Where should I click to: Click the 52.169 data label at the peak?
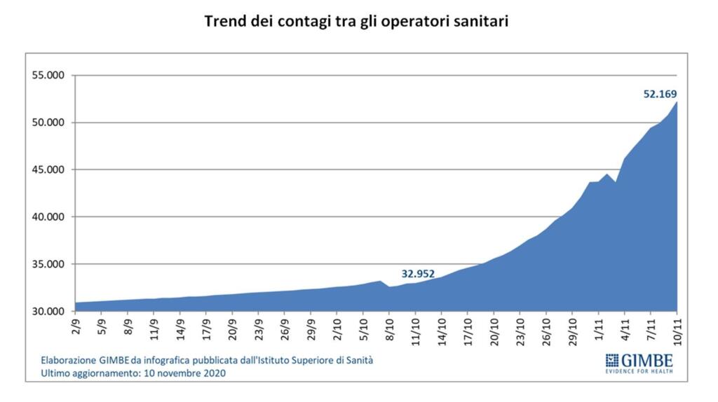pyautogui.click(x=660, y=93)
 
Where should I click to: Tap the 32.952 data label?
pyautogui.click(x=418, y=273)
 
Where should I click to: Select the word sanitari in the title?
pyautogui.click(x=479, y=22)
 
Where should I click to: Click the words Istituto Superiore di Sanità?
pyautogui.click(x=310, y=361)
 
